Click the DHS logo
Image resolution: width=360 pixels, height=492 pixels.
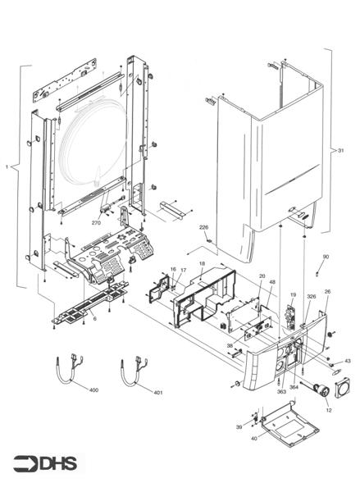(x=44, y=463)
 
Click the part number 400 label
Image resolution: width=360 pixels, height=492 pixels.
(x=93, y=390)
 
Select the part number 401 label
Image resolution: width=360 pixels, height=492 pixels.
(x=158, y=392)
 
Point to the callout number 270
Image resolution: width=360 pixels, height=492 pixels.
(x=96, y=222)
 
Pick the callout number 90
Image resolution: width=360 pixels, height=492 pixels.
(x=326, y=257)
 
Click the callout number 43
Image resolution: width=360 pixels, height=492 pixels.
(x=347, y=361)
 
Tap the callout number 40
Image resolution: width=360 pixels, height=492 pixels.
(x=254, y=440)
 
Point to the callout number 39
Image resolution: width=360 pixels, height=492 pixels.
(x=239, y=427)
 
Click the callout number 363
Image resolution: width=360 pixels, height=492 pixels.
(x=281, y=393)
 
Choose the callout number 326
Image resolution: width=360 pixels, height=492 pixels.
(x=311, y=295)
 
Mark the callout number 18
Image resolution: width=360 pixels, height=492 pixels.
(x=202, y=264)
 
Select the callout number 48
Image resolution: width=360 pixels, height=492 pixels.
(x=271, y=282)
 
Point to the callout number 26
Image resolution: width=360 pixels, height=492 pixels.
(x=327, y=291)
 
